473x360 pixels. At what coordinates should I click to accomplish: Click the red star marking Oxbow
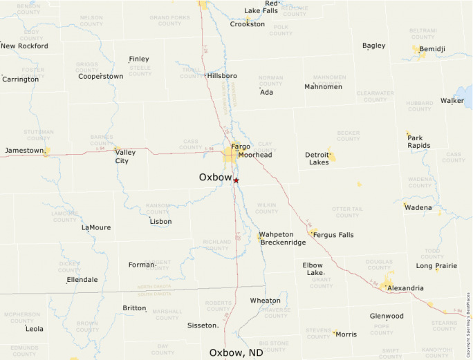pos(236,180)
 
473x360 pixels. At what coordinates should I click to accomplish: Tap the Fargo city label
pos(241,146)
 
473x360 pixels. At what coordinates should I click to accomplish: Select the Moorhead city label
pos(255,155)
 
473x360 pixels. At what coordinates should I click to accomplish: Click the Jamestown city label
pos(25,150)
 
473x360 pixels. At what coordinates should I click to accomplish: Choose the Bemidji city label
pos(432,49)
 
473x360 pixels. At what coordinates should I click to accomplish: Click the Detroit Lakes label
pos(319,158)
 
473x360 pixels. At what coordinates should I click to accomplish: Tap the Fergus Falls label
pos(333,235)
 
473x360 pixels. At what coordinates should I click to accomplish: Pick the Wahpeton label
pos(277,234)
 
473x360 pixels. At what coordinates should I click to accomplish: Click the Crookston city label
pos(247,24)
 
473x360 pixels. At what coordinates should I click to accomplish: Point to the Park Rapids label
pos(419,142)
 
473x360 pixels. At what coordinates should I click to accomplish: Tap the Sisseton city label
pos(203,325)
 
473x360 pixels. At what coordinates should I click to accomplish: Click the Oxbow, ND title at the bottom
pos(236,352)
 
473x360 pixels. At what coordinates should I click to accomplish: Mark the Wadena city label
pos(418,207)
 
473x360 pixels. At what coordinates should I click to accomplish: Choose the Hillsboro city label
pos(222,75)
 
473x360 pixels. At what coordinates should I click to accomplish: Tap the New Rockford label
pos(24,46)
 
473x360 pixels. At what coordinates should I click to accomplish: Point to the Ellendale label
pos(82,280)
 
